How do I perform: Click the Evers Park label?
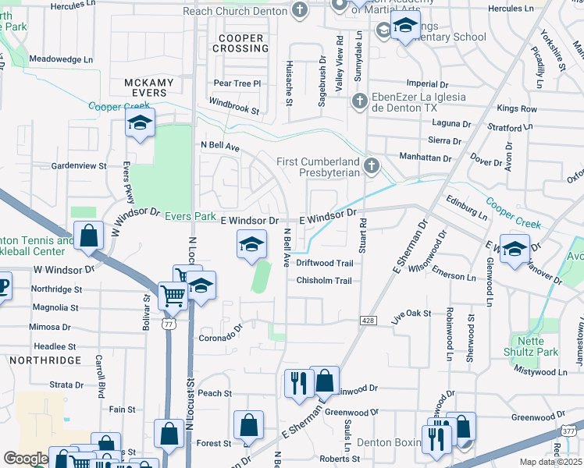193,216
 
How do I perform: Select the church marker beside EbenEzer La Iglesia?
358,101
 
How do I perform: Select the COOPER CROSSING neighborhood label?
243,43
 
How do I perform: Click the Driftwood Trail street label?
325,264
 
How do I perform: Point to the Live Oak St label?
411,314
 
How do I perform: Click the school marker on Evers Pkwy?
141,123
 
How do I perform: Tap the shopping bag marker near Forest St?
248,426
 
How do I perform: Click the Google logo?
26,459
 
